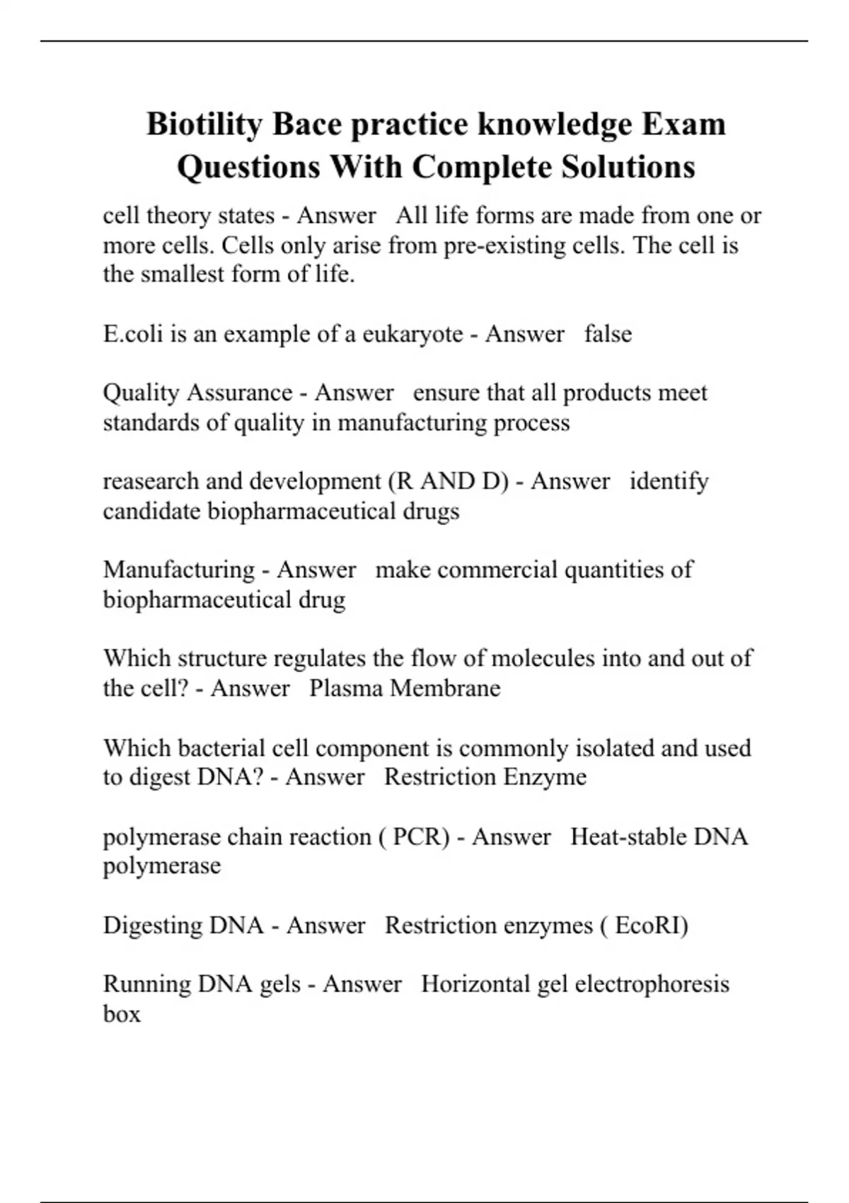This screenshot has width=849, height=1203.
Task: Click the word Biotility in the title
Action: click(x=204, y=125)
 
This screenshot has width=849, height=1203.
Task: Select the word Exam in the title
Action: click(x=683, y=125)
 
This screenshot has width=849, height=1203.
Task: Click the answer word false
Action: click(x=608, y=333)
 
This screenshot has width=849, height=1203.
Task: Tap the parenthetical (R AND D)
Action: click(x=448, y=481)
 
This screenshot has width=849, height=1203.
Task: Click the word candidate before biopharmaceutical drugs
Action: click(x=151, y=511)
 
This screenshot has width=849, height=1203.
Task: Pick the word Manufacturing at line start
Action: click(x=178, y=570)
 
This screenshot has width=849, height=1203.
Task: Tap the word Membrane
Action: click(x=445, y=688)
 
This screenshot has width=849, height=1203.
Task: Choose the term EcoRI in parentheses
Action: click(x=648, y=926)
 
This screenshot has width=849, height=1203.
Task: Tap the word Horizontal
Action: click(x=475, y=984)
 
